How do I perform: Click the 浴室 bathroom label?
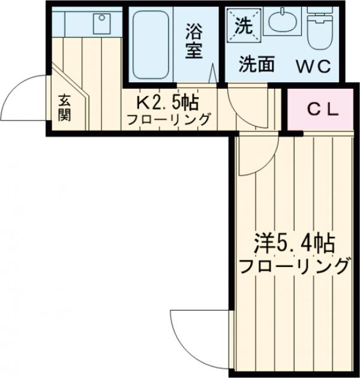coord(193,40)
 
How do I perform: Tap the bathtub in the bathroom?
coord(150,45)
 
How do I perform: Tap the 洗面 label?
coord(257,65)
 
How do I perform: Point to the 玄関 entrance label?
coord(64,107)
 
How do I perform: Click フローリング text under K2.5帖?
coord(168,119)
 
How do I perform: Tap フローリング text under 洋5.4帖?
coord(294,265)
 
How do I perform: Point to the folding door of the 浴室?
coord(213,75)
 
